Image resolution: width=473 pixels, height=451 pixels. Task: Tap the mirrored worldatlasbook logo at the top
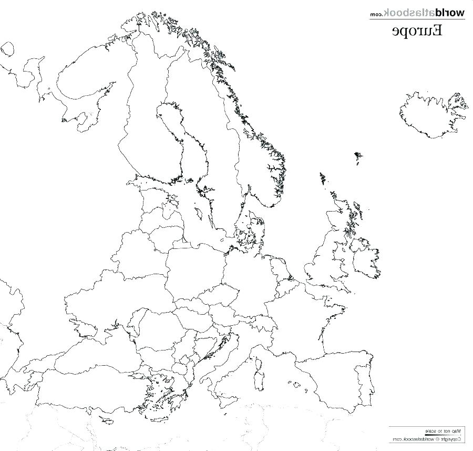(x=417, y=12)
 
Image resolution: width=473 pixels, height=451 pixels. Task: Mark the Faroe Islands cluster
(x=358, y=156)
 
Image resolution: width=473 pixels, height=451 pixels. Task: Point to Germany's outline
(x=247, y=279)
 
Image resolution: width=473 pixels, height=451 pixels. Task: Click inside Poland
(x=192, y=274)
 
